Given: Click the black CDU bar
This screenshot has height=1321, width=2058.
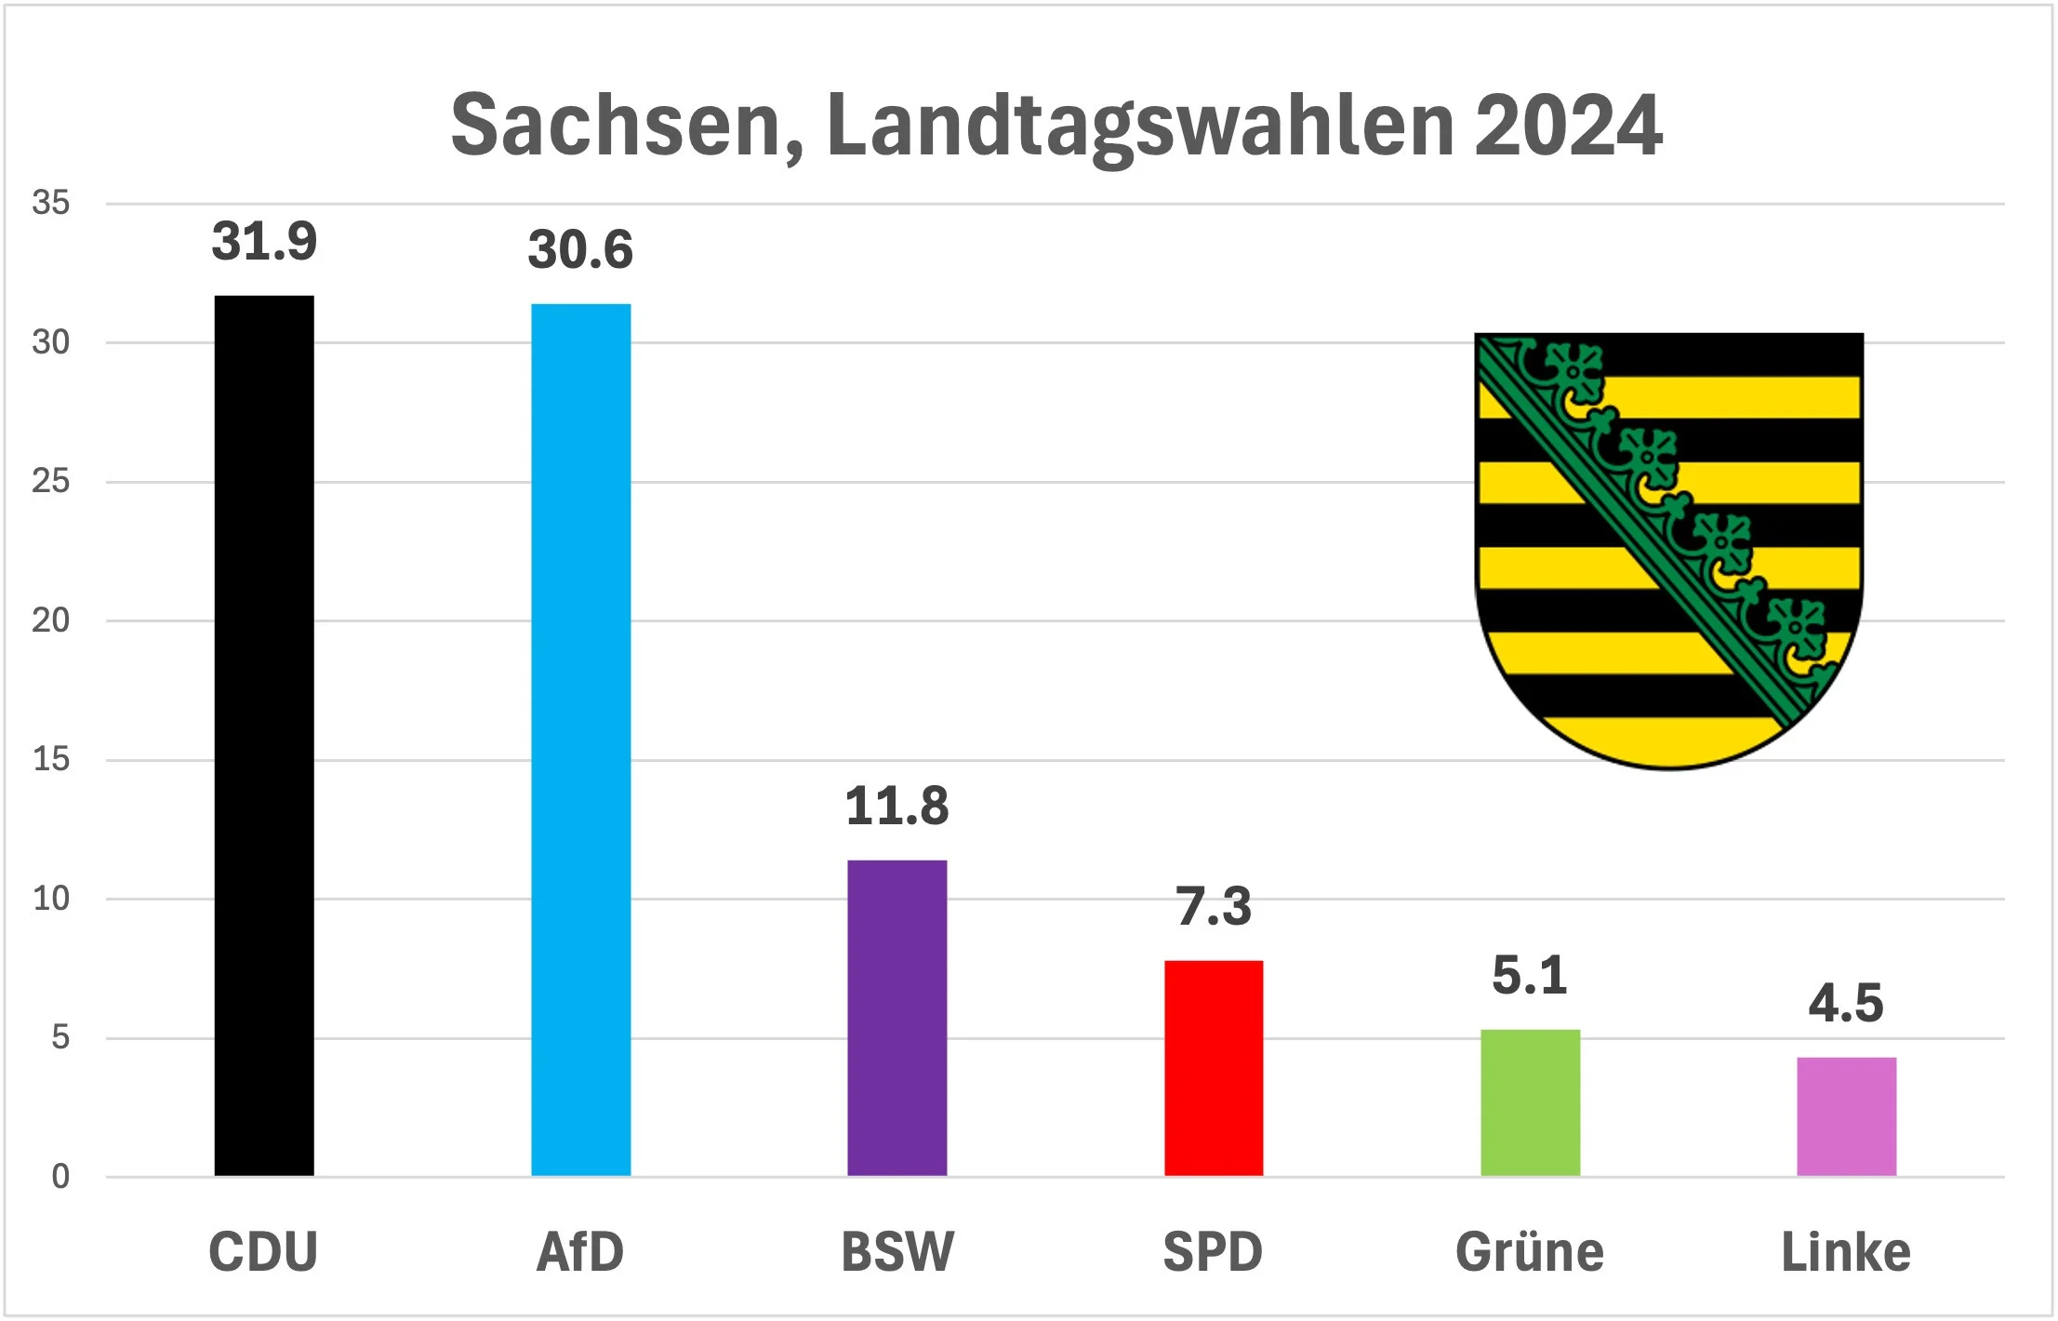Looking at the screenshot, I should (x=264, y=735).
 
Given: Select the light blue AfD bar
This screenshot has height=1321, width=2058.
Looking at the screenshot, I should (x=580, y=740).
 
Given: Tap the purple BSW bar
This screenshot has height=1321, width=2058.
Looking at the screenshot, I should (x=896, y=1018).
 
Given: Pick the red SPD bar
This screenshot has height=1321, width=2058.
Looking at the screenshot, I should (x=1214, y=1068).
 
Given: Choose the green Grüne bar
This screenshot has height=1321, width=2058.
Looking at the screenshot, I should (x=1530, y=1102).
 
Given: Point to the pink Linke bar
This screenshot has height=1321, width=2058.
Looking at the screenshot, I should (x=1846, y=1116).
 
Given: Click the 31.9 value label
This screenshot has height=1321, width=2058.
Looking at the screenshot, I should (x=264, y=242).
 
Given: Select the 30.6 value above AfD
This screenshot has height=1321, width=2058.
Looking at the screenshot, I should (x=580, y=250).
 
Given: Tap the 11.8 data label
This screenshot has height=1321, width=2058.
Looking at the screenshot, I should (x=896, y=806).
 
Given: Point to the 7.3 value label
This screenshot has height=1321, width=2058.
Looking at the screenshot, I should (x=1214, y=906).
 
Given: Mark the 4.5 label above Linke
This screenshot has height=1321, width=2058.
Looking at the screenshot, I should (x=1846, y=1003).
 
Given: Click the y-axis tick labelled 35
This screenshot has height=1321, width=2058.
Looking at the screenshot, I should (x=50, y=203).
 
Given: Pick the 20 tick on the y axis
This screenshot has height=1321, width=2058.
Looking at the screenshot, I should (x=50, y=620).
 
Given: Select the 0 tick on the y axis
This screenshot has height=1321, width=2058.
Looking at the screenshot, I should (x=60, y=1177).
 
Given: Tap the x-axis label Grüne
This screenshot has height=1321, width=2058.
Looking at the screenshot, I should (x=1530, y=1252).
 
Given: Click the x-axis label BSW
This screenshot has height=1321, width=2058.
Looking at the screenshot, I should (x=896, y=1252).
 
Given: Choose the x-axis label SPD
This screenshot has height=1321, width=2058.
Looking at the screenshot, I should (x=1213, y=1252).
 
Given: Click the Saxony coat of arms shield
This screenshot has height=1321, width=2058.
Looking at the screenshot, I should (x=1669, y=549).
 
